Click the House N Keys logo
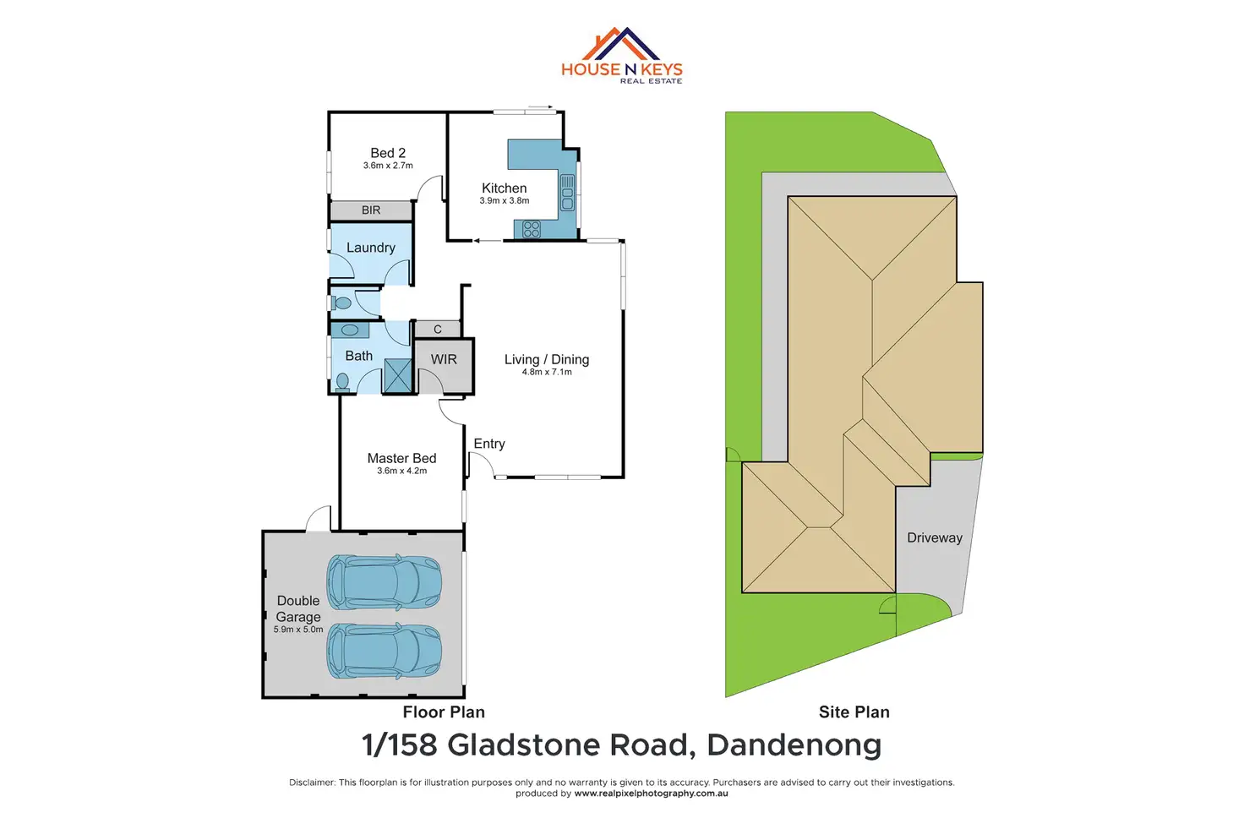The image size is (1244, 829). point(622,56)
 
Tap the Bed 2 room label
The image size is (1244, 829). point(388,153)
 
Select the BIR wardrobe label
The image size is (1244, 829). point(371,210)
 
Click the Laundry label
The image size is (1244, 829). point(370,248)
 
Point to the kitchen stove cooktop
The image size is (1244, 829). point(532,228)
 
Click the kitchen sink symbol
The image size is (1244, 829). point(567,193)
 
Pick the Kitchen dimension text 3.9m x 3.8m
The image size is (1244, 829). point(505,201)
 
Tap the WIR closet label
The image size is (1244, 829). point(444,360)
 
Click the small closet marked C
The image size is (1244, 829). point(438,330)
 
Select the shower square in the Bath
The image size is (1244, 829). point(397,376)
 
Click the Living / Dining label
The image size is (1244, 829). point(547,359)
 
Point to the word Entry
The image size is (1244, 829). point(489,444)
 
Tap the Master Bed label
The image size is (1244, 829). point(401,458)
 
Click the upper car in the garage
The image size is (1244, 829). point(385,582)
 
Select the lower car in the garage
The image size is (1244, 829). point(385,651)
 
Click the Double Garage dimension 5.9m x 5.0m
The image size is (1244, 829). point(298,630)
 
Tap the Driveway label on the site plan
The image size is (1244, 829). point(935,537)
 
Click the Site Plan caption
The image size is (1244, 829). point(854,712)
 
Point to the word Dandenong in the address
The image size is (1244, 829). point(794,745)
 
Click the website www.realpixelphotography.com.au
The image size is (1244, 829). point(651,794)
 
